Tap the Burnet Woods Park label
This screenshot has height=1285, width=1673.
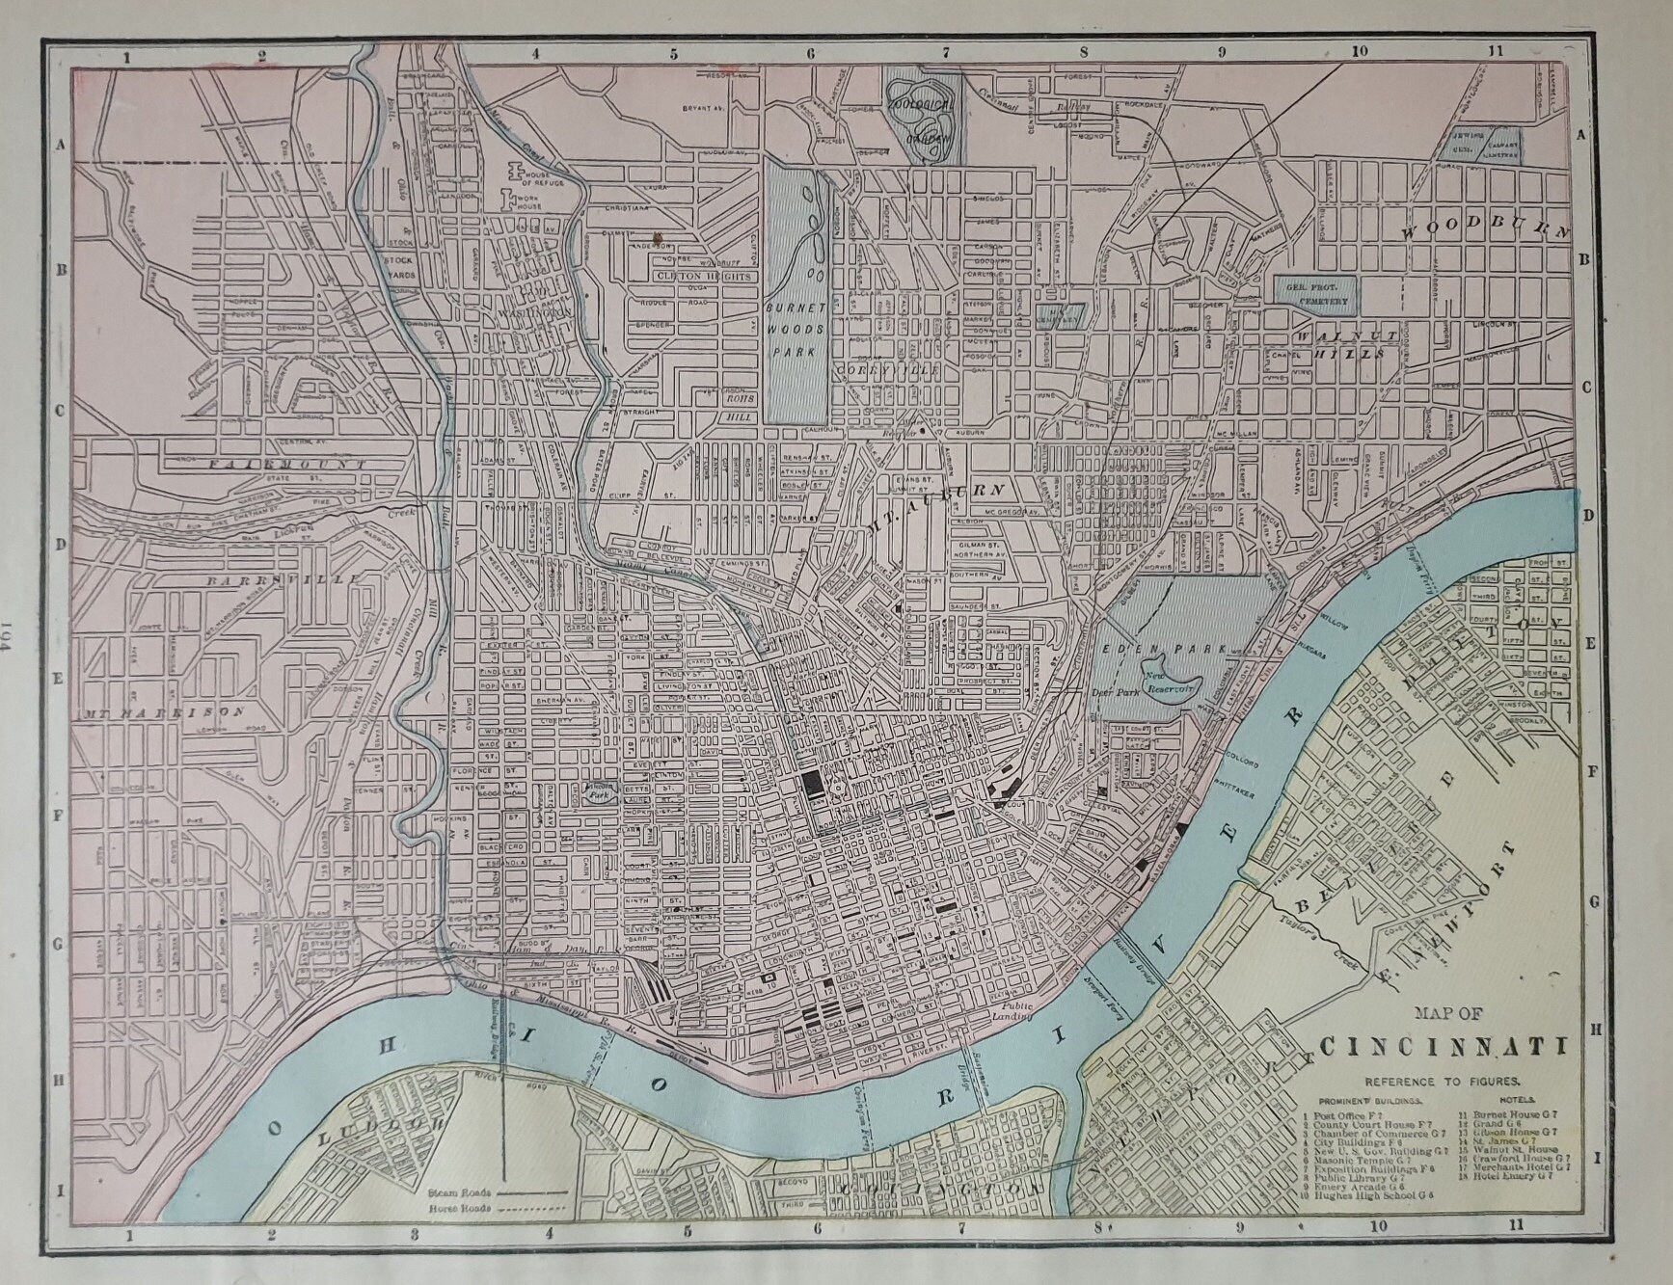tap(796, 328)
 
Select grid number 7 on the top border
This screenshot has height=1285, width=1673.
tap(946, 54)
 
